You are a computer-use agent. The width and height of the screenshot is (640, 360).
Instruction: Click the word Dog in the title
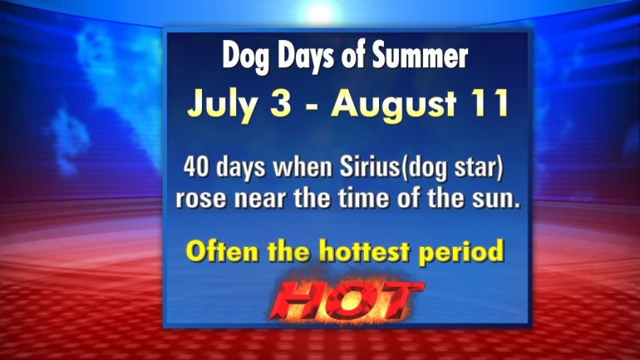point(246,57)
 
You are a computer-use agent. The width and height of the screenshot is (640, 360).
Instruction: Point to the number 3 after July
point(281,103)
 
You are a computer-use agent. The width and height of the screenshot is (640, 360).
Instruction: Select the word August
point(393,106)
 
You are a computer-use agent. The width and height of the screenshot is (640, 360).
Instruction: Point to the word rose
point(201,200)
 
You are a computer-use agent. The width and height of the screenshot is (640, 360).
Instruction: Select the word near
point(262,200)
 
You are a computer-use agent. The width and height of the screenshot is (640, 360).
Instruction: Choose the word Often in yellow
point(222,250)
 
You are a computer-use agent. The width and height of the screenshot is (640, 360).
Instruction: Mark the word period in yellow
point(461,252)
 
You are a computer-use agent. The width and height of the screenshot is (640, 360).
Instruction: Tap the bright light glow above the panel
point(320,13)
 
